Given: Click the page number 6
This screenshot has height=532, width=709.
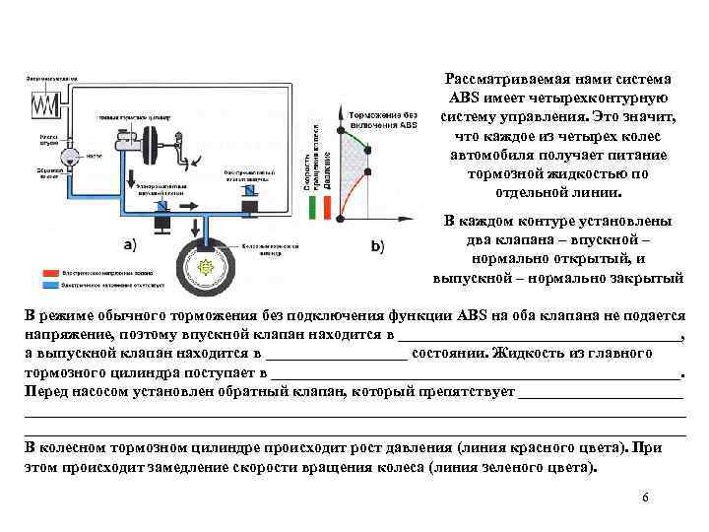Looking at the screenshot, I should click(x=644, y=498).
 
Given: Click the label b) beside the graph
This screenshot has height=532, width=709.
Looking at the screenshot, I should click(x=378, y=244).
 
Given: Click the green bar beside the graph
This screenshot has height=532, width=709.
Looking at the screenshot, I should click(x=313, y=207).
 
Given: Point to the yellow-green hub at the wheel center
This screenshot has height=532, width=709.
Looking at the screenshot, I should click(x=207, y=267).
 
